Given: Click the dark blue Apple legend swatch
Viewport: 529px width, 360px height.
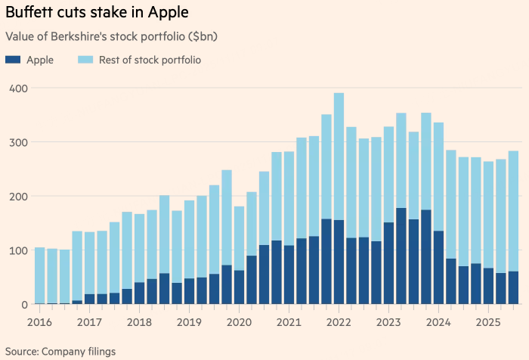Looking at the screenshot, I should coord(12,59).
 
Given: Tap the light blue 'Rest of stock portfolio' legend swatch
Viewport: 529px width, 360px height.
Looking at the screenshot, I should coord(85,59).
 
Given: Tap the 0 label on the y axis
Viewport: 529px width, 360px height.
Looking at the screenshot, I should coord(24,305).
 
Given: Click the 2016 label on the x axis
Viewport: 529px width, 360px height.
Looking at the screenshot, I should coord(40,321).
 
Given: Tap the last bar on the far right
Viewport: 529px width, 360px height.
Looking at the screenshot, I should coord(514,227).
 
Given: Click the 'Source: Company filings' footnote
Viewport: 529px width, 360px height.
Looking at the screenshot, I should coord(61,351).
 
